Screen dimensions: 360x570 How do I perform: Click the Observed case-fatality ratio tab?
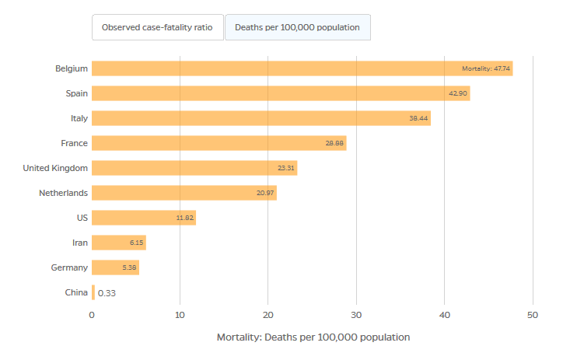(x=158, y=27)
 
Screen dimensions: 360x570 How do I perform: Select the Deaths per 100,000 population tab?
(x=297, y=27)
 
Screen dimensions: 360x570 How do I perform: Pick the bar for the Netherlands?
(x=184, y=193)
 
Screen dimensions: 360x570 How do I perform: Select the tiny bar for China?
(x=93, y=292)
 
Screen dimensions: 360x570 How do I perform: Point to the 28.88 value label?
(x=334, y=143)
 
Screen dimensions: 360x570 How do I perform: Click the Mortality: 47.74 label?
(x=486, y=68)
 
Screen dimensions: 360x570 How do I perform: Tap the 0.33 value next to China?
(x=107, y=293)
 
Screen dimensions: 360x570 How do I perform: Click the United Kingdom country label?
(x=55, y=168)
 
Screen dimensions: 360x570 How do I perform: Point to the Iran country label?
(x=79, y=243)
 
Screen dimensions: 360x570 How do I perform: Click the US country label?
(x=82, y=218)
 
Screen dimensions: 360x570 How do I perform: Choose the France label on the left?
(x=74, y=143)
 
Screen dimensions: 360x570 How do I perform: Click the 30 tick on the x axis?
(x=356, y=315)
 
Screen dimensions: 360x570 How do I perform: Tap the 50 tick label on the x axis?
(x=533, y=315)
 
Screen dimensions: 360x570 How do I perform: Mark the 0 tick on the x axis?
(x=92, y=315)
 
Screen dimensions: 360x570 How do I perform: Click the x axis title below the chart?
(x=313, y=337)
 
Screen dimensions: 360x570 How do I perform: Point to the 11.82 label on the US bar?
(x=184, y=218)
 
